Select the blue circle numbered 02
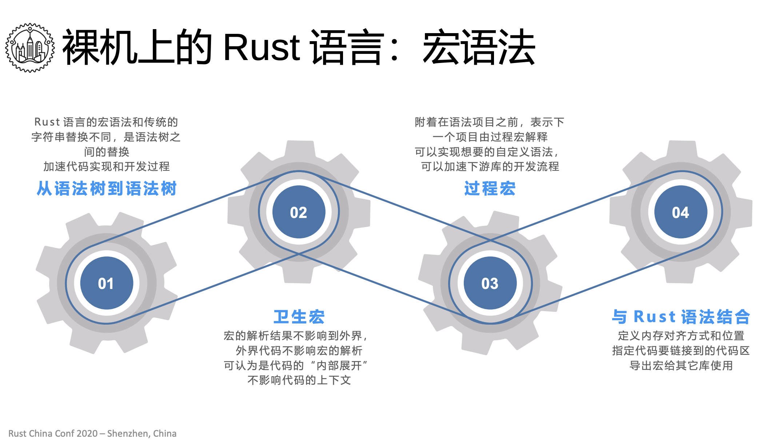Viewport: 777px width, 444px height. pos(299,212)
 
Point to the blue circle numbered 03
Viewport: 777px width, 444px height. pos(490,283)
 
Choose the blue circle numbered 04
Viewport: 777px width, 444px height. pos(681,212)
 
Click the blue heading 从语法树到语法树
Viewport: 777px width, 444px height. pos(107,189)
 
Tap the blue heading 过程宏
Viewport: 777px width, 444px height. pos(490,189)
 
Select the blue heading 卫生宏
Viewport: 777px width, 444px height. pos(299,317)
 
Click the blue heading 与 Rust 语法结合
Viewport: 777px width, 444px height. pos(681,317)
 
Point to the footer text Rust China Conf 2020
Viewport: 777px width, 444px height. pos(53,433)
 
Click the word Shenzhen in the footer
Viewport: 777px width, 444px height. pos(128,433)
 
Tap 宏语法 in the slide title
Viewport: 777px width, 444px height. pos(479,48)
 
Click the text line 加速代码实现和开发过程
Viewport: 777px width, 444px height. pos(107,166)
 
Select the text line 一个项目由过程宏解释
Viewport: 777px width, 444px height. pos(490,137)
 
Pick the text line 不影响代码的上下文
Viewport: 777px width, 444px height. pos(299,380)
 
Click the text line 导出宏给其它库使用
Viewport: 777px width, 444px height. pos(681,365)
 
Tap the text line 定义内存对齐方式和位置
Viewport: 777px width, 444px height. pos(681,336)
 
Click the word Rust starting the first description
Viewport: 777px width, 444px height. pos(47,122)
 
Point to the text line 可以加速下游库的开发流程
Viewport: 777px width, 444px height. pos(490,166)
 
